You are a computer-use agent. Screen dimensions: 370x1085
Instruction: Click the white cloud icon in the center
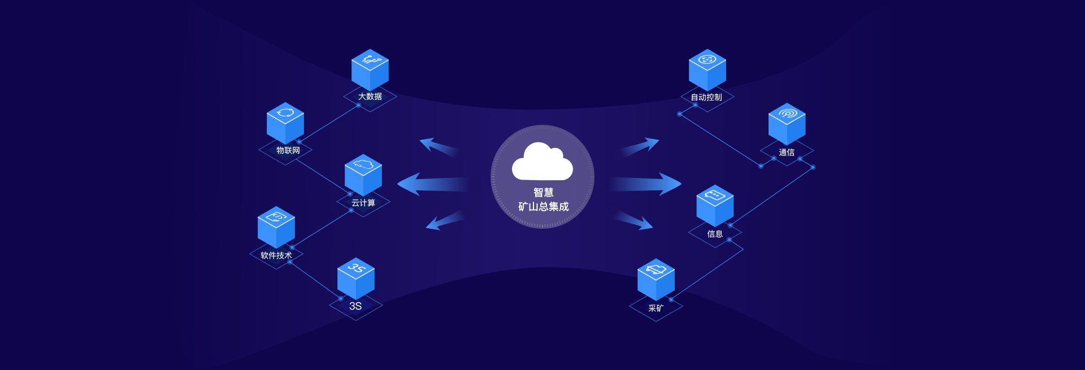click(x=542, y=162)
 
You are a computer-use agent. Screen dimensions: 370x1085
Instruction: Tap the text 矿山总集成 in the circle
click(x=543, y=207)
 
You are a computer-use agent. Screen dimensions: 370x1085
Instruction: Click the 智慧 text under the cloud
click(x=543, y=193)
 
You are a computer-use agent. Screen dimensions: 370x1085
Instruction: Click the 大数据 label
click(x=370, y=97)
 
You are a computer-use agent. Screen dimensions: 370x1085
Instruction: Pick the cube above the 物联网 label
click(x=285, y=123)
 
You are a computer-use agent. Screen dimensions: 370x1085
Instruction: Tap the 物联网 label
click(x=288, y=150)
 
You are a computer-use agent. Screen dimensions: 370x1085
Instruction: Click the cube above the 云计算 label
click(x=363, y=175)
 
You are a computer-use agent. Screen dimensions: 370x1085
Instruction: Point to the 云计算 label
click(x=363, y=203)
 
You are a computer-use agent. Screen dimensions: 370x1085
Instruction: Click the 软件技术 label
click(x=276, y=255)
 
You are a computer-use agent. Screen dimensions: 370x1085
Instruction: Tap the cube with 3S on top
click(x=356, y=278)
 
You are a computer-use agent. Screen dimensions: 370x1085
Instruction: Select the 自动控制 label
click(x=706, y=97)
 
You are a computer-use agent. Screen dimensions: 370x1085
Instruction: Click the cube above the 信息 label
click(x=715, y=205)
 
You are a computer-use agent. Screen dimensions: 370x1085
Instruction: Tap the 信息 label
click(x=715, y=234)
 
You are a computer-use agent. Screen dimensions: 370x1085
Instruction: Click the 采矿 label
click(x=656, y=308)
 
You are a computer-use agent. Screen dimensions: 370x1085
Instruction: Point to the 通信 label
click(x=787, y=153)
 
